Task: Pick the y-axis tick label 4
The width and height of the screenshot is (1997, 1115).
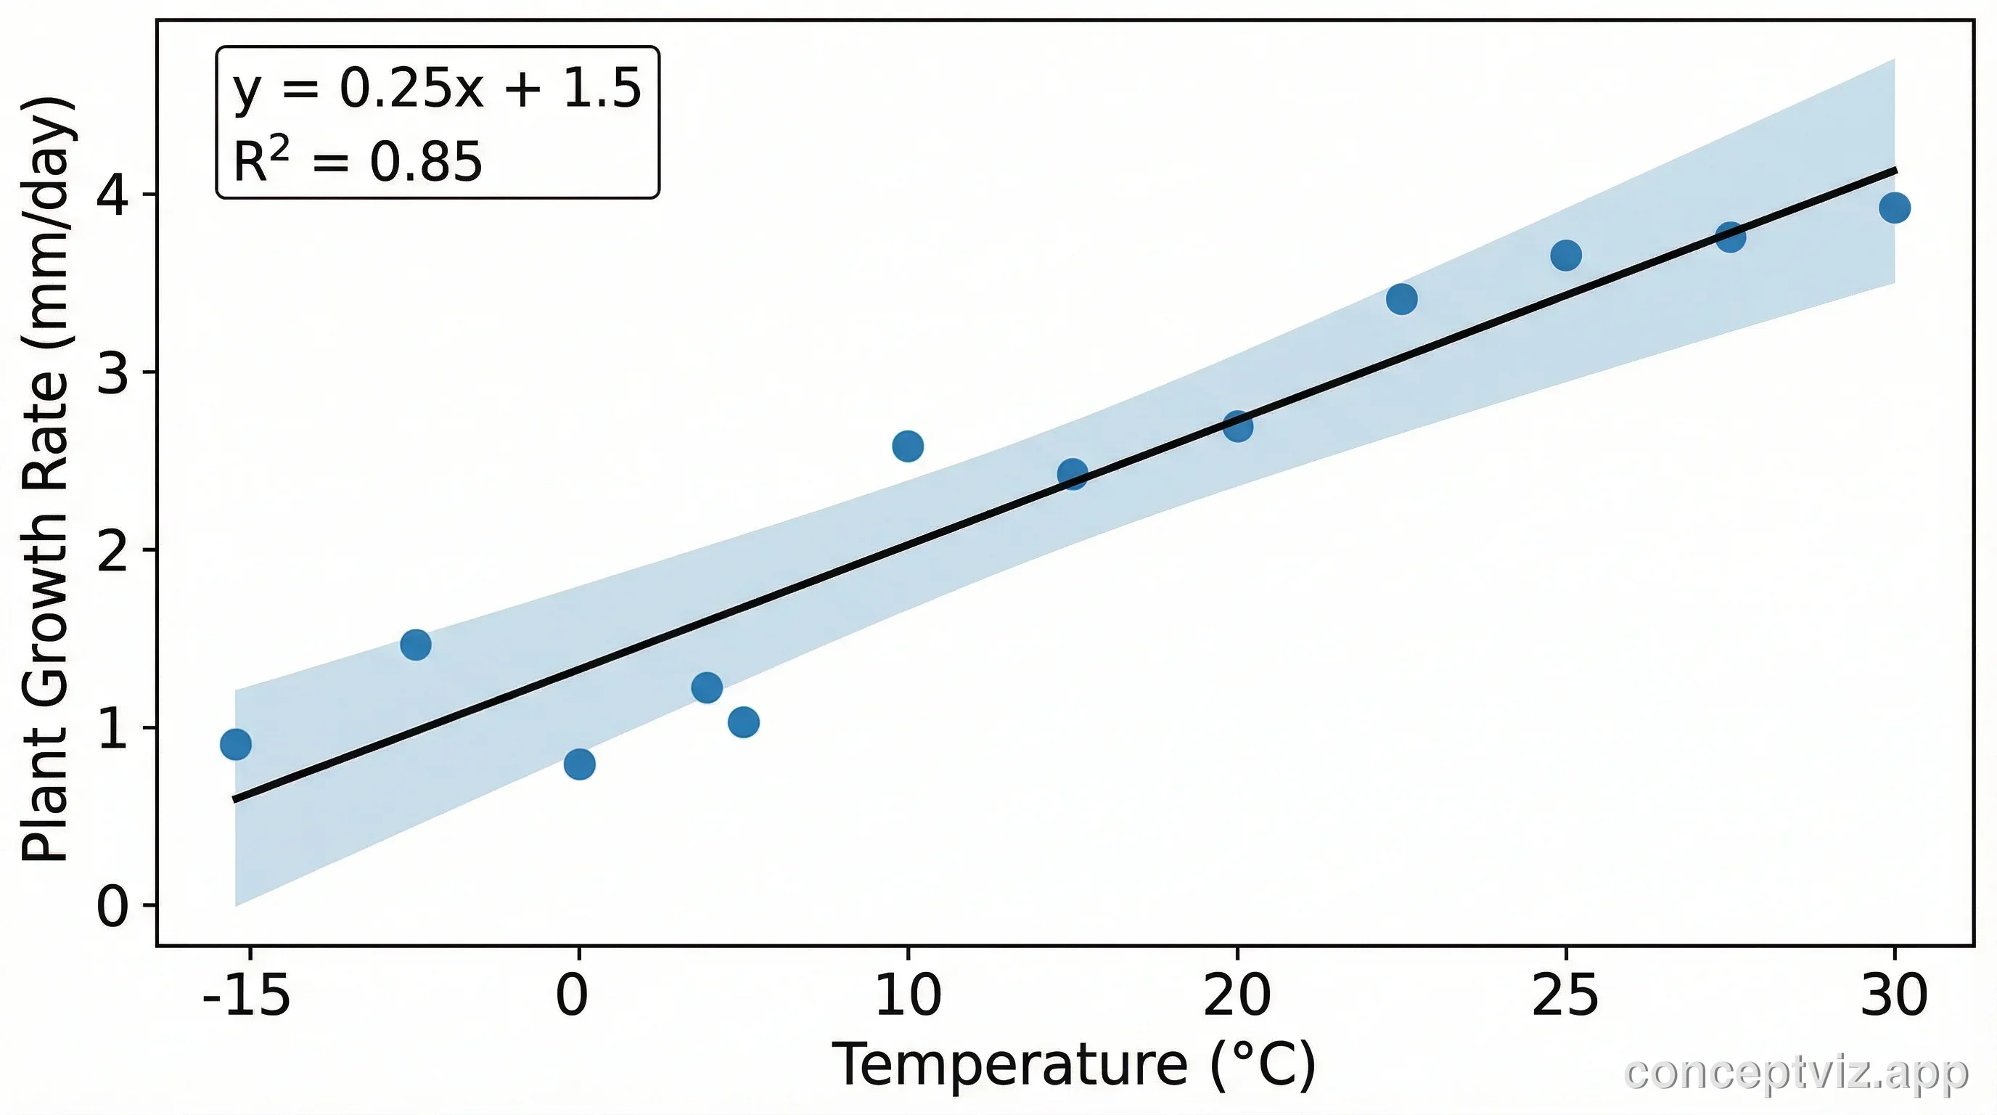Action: coord(112,195)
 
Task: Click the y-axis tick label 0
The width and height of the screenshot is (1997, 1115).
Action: coord(112,906)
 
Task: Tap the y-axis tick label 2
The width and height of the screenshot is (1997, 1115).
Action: coord(112,550)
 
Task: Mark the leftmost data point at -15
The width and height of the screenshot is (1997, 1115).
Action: coord(236,744)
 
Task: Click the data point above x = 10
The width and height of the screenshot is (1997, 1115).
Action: coord(908,446)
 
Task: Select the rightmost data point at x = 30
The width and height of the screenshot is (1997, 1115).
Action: coord(1894,208)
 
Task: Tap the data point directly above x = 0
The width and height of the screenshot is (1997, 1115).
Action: coord(579,764)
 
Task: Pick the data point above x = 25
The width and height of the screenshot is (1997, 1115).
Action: coord(1566,255)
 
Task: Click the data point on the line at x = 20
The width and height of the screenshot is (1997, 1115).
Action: coord(1238,425)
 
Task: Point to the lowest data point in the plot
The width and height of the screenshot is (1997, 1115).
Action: coord(579,764)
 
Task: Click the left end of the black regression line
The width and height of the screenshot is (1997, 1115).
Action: coord(236,799)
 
